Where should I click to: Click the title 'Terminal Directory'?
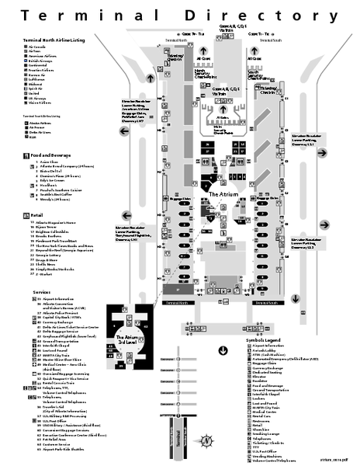[180, 15]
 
